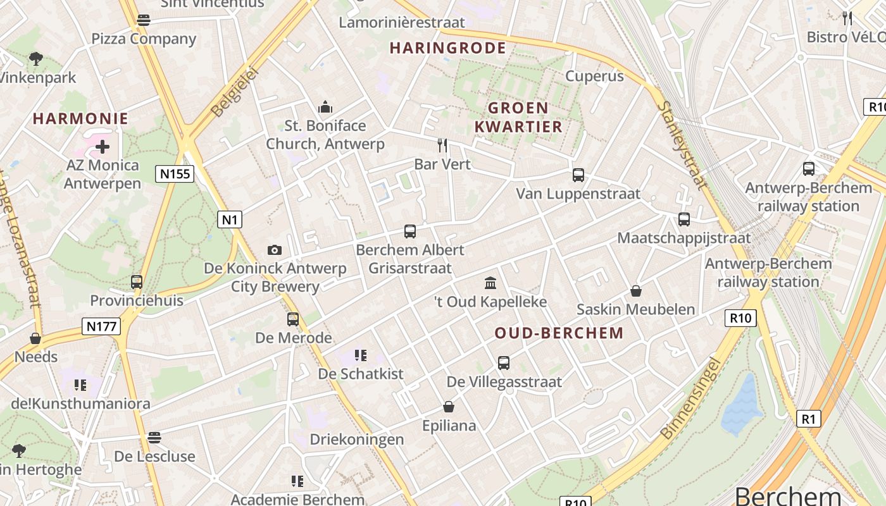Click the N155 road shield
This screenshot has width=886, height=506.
(x=174, y=173)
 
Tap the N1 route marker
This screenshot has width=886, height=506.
(x=230, y=219)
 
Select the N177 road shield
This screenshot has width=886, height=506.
(x=101, y=326)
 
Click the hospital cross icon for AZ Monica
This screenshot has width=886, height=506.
(x=102, y=147)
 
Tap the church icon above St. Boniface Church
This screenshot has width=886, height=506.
(x=325, y=106)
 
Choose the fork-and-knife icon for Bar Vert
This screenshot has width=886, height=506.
(x=442, y=145)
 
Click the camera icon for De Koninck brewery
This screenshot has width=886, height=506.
(x=275, y=250)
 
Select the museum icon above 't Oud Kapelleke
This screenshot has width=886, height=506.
(x=490, y=282)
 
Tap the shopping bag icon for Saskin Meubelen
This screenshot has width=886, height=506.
(x=636, y=291)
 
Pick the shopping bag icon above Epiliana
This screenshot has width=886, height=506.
(x=449, y=407)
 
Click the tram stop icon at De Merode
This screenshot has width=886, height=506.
(x=293, y=319)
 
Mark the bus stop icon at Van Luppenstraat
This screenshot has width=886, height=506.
(x=578, y=175)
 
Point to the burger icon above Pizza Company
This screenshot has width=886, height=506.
(x=144, y=20)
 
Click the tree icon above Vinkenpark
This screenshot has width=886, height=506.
(x=36, y=59)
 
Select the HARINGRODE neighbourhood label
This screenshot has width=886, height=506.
(x=447, y=48)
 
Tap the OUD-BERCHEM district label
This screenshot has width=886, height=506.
(x=559, y=333)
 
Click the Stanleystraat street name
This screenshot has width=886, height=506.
(x=681, y=145)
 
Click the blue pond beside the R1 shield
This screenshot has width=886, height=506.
(x=741, y=405)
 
